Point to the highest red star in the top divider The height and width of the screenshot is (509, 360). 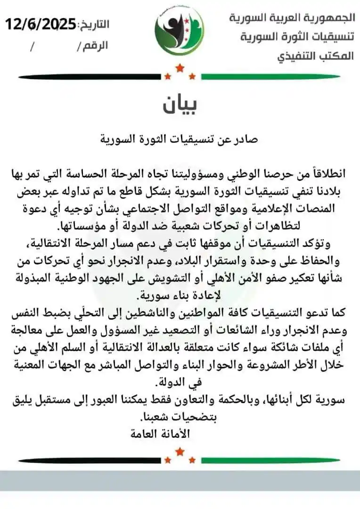point(180,69)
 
